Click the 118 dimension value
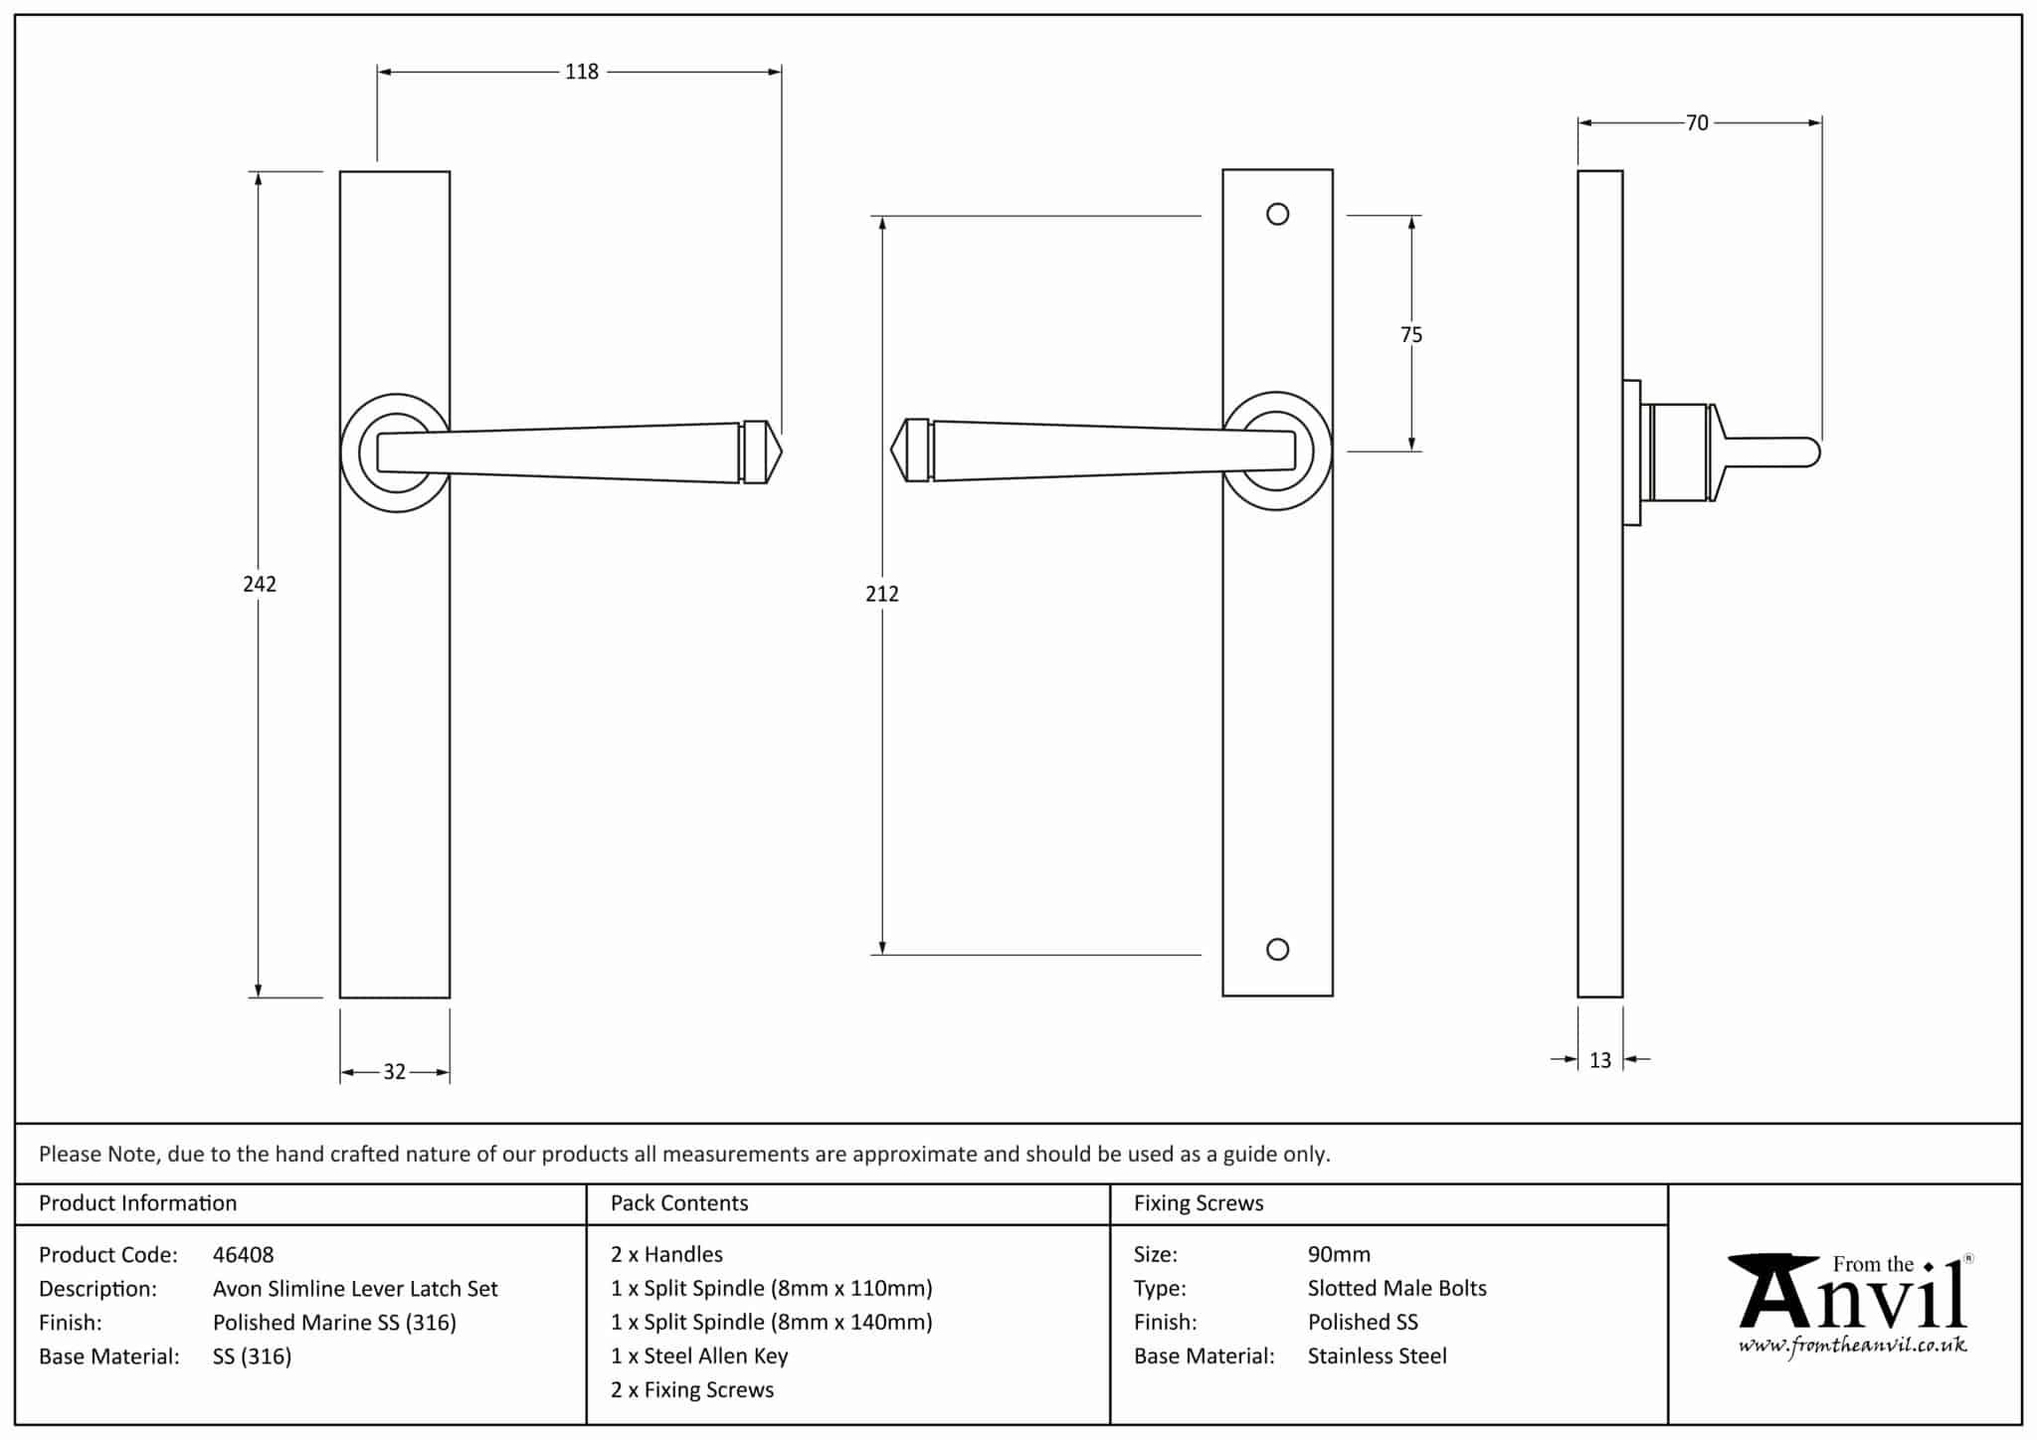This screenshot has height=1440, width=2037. [582, 72]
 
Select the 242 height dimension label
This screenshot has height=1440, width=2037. [260, 584]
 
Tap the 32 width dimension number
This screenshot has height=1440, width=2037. [395, 1072]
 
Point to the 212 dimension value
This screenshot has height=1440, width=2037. [882, 594]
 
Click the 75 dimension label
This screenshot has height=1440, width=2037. [1411, 335]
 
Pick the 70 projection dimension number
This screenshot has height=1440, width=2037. [1697, 123]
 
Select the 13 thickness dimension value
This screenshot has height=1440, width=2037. [1600, 1061]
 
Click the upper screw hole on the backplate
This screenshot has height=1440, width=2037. [1278, 214]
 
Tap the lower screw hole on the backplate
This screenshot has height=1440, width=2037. [1278, 950]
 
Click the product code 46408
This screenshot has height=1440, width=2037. [244, 1255]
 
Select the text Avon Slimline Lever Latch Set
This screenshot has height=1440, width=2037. [355, 1289]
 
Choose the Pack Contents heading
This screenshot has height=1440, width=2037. [679, 1203]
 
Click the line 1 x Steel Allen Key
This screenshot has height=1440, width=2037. [699, 1356]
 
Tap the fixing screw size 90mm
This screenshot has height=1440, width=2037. [1339, 1255]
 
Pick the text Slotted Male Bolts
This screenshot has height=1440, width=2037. [1396, 1289]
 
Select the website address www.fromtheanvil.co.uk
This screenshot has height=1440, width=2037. [1852, 1347]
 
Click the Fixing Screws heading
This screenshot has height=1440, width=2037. [1199, 1203]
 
